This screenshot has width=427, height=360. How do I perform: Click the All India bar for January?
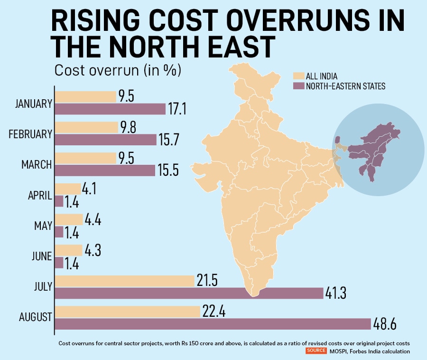pyautogui.click(x=85, y=97)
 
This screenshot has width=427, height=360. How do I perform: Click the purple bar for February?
pyautogui.click(x=105, y=140)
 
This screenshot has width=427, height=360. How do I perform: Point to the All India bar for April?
pyautogui.click(x=68, y=189)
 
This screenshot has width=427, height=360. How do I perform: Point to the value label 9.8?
pyautogui.click(x=128, y=127)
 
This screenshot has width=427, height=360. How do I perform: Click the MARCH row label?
pyautogui.click(x=37, y=165)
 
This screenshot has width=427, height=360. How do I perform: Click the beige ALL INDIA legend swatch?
pyautogui.click(x=298, y=76)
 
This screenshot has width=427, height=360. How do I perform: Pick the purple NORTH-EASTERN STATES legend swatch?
pyautogui.click(x=298, y=86)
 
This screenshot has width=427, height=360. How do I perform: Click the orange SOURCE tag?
pyautogui.click(x=316, y=351)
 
